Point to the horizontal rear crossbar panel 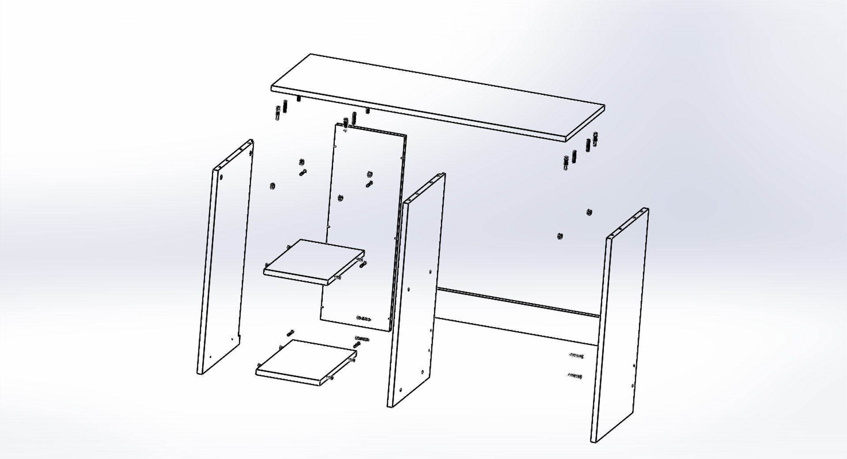(516, 317)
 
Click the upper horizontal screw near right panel (576, 355)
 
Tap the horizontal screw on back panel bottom (364, 318)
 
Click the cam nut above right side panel (589, 212)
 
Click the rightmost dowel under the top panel (595, 139)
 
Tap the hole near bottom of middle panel (400, 390)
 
